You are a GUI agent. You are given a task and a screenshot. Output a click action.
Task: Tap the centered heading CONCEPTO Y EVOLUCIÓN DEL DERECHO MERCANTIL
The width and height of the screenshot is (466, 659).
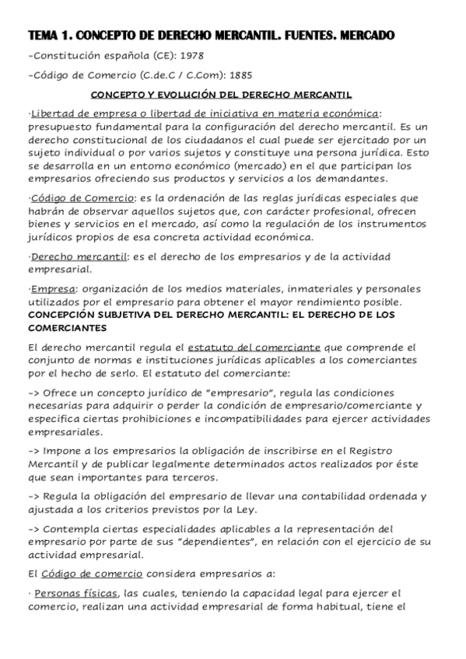233,95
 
